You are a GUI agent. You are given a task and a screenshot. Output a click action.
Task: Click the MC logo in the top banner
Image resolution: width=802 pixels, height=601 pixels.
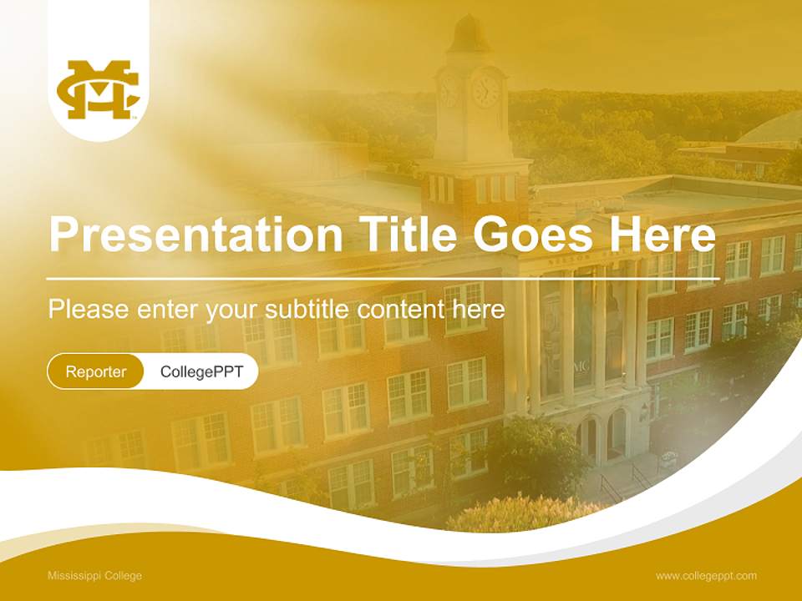[x=98, y=90]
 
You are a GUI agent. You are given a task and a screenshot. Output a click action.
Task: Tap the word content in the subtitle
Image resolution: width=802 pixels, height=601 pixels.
[x=400, y=310]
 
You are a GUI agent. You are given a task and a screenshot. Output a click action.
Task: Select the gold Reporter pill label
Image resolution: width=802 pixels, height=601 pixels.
[x=96, y=371]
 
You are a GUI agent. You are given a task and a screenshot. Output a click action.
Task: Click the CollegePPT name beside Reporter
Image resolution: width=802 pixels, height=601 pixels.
[x=201, y=371]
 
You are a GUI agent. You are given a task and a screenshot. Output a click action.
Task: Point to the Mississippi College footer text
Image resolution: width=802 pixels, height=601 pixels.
[x=94, y=576]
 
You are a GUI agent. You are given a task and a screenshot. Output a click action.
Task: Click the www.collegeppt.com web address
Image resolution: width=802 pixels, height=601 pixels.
[x=706, y=576]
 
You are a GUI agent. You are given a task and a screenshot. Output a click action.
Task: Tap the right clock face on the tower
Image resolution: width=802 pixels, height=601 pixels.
[x=485, y=90]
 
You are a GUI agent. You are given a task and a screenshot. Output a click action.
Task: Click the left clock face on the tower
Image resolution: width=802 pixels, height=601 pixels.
[x=449, y=90]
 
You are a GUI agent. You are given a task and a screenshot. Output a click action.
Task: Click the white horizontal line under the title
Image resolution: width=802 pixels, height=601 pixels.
[x=383, y=278]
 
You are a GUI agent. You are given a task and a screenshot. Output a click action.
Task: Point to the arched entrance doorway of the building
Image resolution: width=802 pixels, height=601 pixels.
[x=616, y=433]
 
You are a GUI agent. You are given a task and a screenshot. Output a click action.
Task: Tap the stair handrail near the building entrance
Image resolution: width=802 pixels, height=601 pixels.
[x=638, y=477]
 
